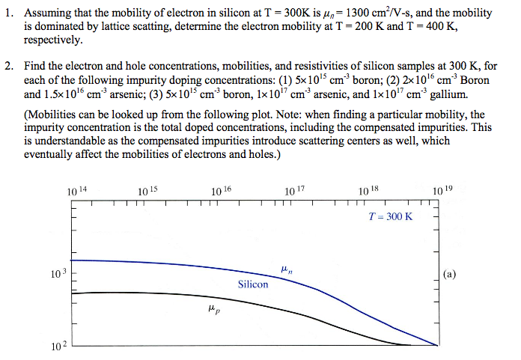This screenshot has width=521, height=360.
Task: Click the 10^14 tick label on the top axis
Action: [x=78, y=192]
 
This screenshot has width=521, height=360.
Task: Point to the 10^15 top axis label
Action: [x=148, y=192]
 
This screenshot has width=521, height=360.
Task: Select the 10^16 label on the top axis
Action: [x=222, y=192]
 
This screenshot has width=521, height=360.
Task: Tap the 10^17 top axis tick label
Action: [x=295, y=192]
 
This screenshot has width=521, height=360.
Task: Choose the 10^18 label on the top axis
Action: [x=368, y=192]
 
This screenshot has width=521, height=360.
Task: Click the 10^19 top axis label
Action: [x=442, y=192]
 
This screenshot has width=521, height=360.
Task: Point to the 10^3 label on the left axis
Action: [x=59, y=275]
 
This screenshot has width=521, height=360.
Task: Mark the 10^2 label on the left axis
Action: [x=59, y=347]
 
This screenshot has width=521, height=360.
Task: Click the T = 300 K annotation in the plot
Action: [x=391, y=216]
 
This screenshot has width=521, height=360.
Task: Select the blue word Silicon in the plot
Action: [x=253, y=284]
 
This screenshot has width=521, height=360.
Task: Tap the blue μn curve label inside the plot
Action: [x=285, y=269]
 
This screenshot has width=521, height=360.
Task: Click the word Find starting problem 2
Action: [x=36, y=68]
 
